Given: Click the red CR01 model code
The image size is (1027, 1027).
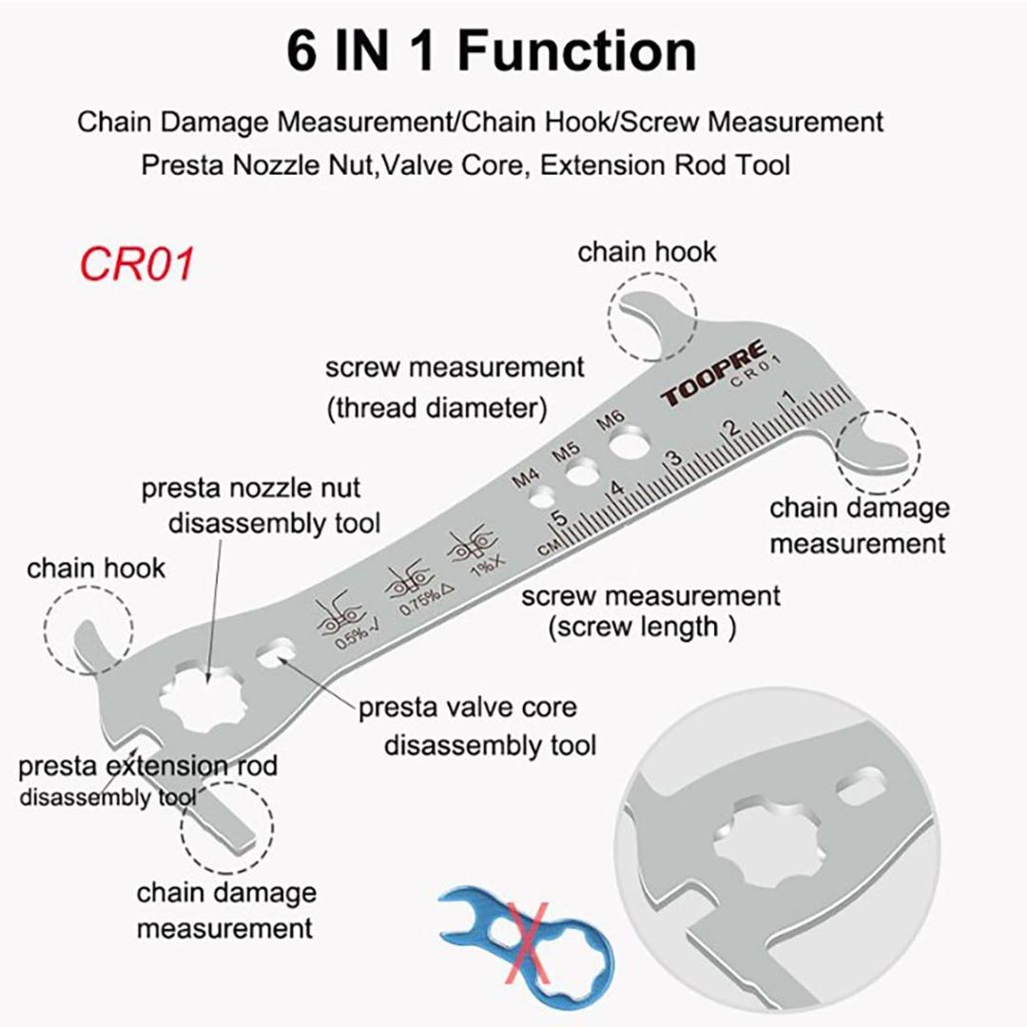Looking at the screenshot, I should [x=137, y=263].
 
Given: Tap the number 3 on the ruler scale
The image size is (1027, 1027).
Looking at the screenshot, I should [x=675, y=458].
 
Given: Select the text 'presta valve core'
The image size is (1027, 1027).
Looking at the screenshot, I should [x=467, y=708].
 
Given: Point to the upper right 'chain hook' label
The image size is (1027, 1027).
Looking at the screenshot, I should [x=647, y=252].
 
